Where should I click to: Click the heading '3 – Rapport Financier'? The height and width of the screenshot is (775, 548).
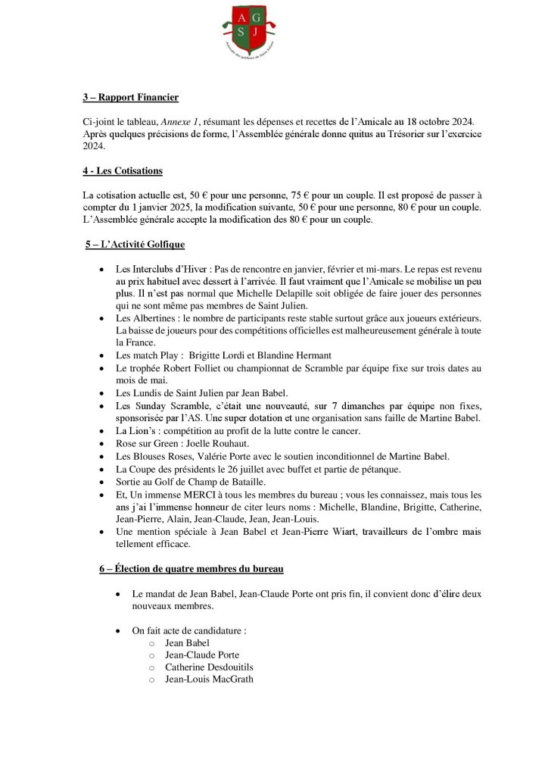point(130,98)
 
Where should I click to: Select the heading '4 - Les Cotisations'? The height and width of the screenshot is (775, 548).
point(123,172)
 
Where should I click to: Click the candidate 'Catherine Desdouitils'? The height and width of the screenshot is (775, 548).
point(209,667)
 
